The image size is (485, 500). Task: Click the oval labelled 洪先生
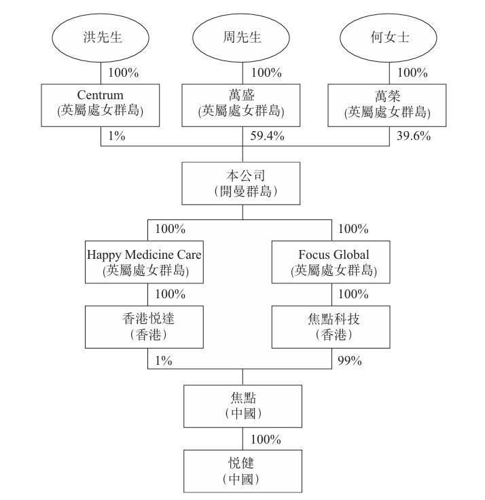coord(101,37)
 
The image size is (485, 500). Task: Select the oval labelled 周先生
coord(241,37)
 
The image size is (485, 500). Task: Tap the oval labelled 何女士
coord(389,37)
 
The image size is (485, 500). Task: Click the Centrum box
coord(101,105)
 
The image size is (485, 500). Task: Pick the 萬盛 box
coord(241,105)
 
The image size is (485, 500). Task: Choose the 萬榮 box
coord(387,105)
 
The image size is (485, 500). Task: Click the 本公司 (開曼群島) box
coord(241,183)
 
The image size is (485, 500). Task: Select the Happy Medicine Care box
coord(144,262)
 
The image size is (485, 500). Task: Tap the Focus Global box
coord(331,262)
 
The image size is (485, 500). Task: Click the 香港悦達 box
coord(144,327)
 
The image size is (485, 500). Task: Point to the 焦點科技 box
coord(331,327)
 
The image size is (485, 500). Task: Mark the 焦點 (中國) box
coord(243,406)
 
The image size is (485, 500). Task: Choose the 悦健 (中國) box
coord(243,471)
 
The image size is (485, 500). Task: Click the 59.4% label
coord(267,136)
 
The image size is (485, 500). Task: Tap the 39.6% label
coord(414,136)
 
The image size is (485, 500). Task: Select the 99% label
coord(350,361)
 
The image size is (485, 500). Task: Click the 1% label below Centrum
coord(117,136)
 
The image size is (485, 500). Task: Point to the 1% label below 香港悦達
coord(164,361)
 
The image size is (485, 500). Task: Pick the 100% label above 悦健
coord(266,440)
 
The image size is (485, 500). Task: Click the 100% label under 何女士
coord(412,73)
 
